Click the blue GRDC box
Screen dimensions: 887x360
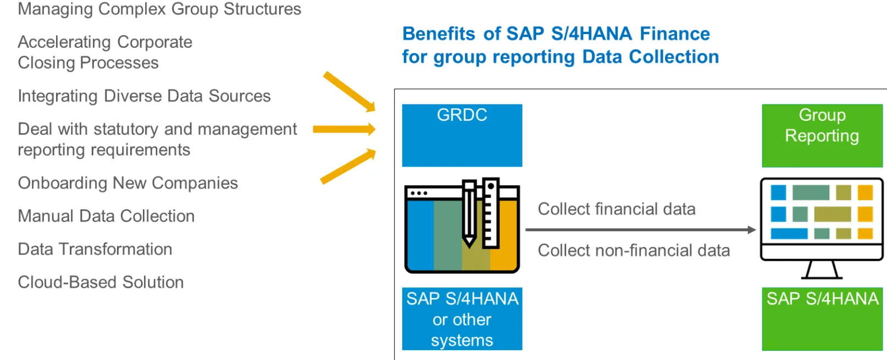[462, 135]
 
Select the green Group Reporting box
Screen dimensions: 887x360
[822, 135]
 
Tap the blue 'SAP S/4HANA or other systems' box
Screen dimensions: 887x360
[462, 319]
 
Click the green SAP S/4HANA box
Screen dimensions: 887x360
[822, 319]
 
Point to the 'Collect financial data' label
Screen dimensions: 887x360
[617, 209]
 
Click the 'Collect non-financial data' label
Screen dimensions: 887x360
[634, 250]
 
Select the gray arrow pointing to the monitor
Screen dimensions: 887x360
[641, 230]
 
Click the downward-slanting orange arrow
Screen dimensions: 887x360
[350, 92]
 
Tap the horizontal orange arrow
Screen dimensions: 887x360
[344, 129]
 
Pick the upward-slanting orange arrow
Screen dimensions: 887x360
[348, 167]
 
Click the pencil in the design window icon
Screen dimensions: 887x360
[469, 214]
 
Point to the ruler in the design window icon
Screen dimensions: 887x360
[491, 213]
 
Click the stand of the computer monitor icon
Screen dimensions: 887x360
[822, 270]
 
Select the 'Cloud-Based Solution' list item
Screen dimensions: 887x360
[101, 283]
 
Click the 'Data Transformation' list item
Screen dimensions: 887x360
[95, 249]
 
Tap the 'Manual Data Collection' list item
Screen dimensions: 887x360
[107, 216]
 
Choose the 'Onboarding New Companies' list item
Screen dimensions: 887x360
[128, 184]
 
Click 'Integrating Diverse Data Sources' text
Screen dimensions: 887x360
[145, 96]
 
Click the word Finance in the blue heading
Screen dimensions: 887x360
[675, 34]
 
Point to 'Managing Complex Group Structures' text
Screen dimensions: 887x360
[159, 9]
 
